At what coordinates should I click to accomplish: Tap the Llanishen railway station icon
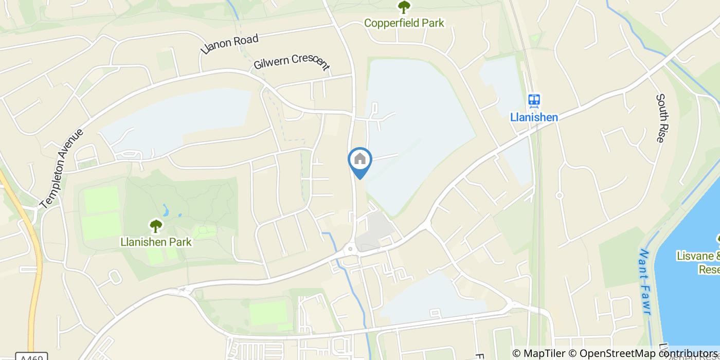[534, 100]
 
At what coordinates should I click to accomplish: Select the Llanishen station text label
[534, 117]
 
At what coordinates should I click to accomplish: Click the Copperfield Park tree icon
[404, 8]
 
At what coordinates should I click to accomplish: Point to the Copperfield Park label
[404, 23]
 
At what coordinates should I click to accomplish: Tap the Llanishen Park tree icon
[155, 226]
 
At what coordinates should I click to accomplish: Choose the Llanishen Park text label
[155, 242]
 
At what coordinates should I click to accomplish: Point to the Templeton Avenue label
[61, 169]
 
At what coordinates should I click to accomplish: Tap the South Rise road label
[661, 118]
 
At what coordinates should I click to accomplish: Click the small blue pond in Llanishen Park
[165, 210]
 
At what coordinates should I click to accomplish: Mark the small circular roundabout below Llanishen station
[559, 195]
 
